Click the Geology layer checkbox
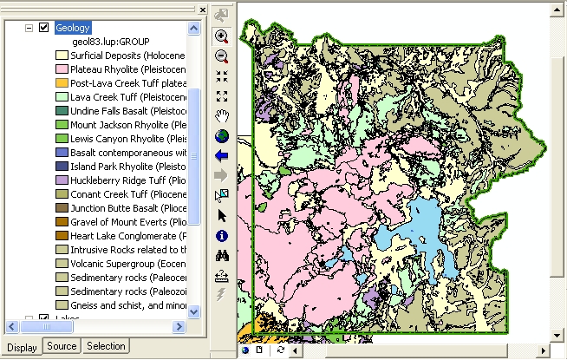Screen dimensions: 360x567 coord(43,28)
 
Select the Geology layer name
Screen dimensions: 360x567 coord(72,28)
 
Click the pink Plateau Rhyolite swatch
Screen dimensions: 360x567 coord(62,69)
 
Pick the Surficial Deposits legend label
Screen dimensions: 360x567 coord(129,56)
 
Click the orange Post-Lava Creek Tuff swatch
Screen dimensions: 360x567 coord(62,82)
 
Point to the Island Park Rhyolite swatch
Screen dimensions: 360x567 coord(62,166)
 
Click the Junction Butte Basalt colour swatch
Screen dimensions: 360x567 coord(62,207)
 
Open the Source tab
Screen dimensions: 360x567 coord(62,346)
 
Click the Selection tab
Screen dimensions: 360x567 coord(106,346)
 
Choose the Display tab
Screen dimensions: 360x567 coord(22,347)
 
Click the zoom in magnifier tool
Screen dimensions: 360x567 coord(221,36)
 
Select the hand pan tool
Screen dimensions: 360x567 coord(221,115)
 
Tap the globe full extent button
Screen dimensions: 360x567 coord(221,135)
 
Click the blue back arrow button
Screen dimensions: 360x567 coord(221,155)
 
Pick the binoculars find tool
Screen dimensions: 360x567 coord(221,255)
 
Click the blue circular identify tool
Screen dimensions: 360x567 coord(221,235)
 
